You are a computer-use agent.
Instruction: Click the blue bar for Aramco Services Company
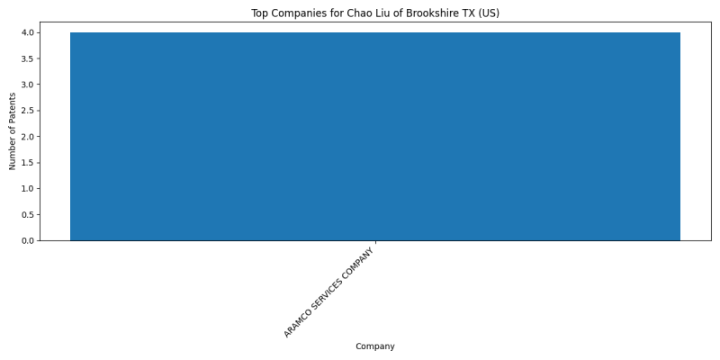(x=375, y=137)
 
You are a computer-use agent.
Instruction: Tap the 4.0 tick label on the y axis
(x=28, y=32)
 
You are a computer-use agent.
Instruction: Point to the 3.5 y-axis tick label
(x=28, y=58)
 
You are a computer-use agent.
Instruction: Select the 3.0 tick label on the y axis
(x=28, y=85)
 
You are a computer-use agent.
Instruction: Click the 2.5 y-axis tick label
(x=28, y=111)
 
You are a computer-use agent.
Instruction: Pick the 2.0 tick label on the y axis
(x=28, y=137)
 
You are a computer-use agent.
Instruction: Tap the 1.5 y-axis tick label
(x=28, y=163)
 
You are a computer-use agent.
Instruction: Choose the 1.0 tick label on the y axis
(x=28, y=189)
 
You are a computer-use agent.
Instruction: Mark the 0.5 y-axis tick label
(x=28, y=214)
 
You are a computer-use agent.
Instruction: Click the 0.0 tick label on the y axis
(x=28, y=240)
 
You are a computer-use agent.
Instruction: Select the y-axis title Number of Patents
(x=13, y=131)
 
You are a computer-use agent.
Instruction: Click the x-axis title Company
(x=375, y=346)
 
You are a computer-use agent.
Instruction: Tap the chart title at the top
(x=375, y=13)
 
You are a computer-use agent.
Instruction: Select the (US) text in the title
(x=489, y=13)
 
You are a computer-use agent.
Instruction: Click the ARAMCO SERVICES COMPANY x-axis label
(x=329, y=293)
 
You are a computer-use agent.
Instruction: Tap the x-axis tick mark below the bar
(x=375, y=242)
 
